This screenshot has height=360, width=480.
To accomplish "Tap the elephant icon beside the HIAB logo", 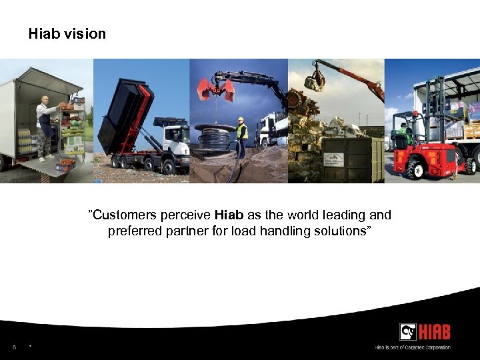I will [408, 332].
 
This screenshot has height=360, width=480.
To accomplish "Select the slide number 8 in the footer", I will [13, 347].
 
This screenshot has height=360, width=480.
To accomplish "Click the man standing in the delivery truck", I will [45, 127].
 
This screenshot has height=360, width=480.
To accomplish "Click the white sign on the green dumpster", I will [333, 159].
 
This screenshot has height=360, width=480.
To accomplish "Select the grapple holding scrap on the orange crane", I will [314, 82].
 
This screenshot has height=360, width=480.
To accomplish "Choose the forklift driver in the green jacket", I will [402, 133].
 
